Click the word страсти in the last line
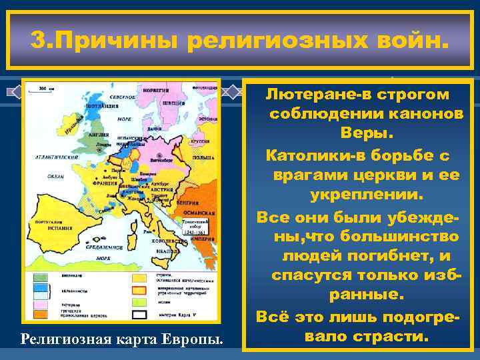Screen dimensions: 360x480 tap(389, 335)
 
